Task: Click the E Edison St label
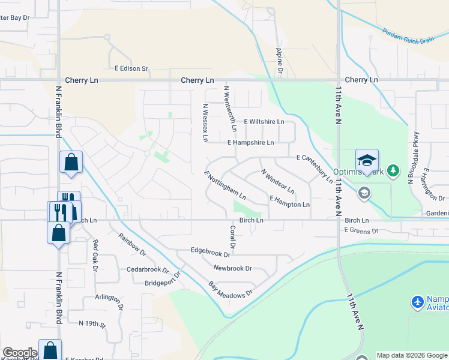coord(131,68)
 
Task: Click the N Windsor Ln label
coord(277,181)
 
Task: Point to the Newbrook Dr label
coord(232,268)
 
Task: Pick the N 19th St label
coord(92,323)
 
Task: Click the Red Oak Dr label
coord(95,255)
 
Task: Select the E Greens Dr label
coord(361,230)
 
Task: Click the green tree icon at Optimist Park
coord(393,171)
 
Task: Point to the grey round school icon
coord(363,193)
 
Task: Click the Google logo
coord(19,353)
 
